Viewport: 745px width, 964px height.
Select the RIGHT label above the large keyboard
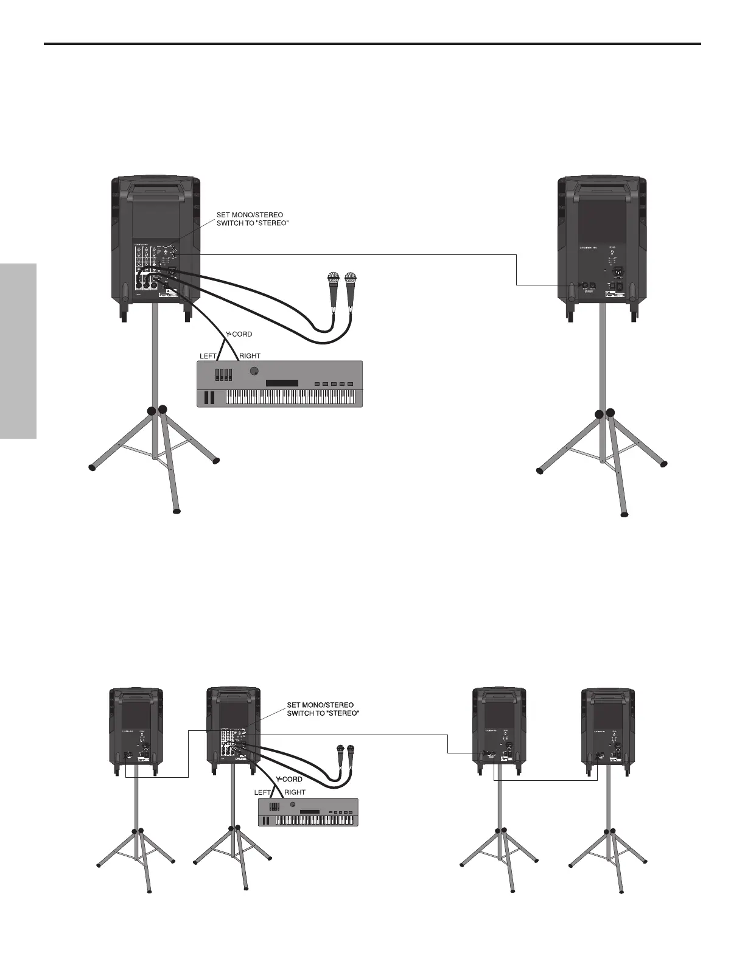point(250,356)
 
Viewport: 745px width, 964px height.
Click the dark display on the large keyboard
point(282,383)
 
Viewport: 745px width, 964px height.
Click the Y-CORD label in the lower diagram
point(289,779)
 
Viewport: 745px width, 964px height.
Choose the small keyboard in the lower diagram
point(308,812)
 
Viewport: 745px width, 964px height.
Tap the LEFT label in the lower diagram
point(262,792)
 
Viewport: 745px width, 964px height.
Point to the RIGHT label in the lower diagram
point(295,792)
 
